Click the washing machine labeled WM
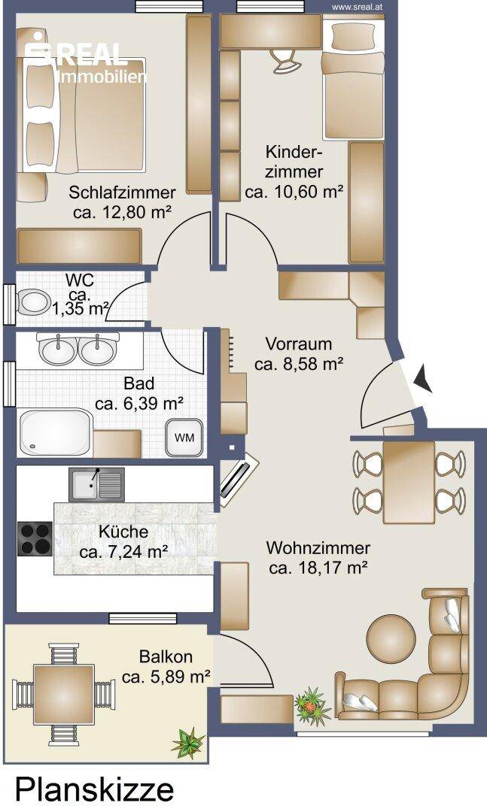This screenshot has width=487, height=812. (x=184, y=437)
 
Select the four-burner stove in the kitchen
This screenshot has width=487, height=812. (x=35, y=538)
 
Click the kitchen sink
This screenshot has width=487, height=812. (x=96, y=484)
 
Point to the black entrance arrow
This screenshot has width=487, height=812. (x=423, y=378)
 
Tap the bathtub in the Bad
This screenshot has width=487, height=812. (x=55, y=432)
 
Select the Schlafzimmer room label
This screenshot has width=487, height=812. (x=123, y=192)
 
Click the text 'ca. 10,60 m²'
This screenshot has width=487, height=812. (x=294, y=192)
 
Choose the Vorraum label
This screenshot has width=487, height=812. (x=299, y=344)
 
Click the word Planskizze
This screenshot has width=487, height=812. (x=94, y=789)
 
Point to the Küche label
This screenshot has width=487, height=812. (x=123, y=532)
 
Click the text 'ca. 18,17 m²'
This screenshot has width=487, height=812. (x=318, y=568)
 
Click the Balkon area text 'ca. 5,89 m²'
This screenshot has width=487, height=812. (x=166, y=677)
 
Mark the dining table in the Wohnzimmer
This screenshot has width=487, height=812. (x=409, y=483)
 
